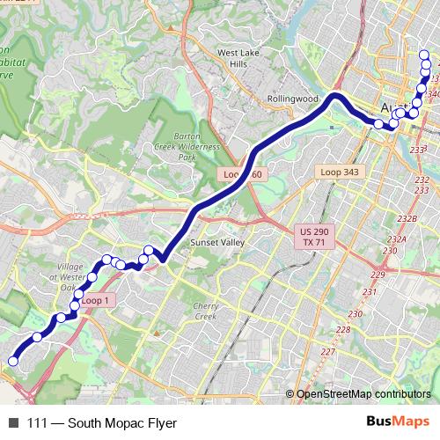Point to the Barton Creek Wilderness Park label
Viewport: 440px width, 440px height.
pyautogui.click(x=186, y=146)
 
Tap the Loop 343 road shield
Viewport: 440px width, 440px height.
pyautogui.click(x=341, y=172)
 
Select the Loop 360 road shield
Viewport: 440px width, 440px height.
pyautogui.click(x=242, y=175)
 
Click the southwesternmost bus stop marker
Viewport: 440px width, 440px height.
pyautogui.click(x=13, y=360)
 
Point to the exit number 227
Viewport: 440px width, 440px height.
pyautogui.click(x=328, y=353)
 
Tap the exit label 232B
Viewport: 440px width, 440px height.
pyautogui.click(x=407, y=218)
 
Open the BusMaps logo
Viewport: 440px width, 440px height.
pyautogui.click(x=396, y=422)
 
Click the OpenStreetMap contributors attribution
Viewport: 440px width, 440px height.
pyautogui.click(x=363, y=394)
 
